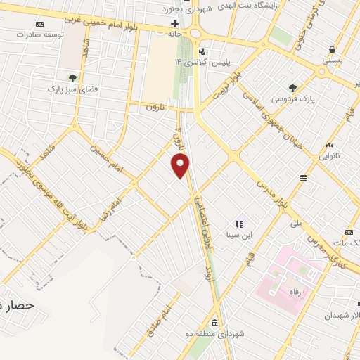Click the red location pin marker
[181, 165]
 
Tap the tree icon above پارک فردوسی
[292, 88]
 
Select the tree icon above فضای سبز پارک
[73, 78]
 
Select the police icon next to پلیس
[202, 51]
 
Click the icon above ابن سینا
[238, 222]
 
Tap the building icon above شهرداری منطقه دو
[214, 323]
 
